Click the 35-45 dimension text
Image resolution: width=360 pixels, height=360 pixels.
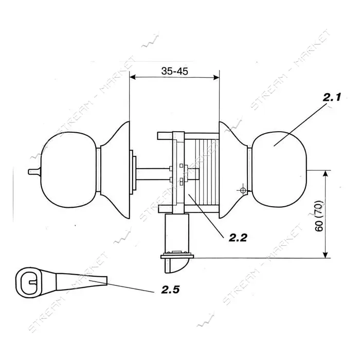(x=174, y=71)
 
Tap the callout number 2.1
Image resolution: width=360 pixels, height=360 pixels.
(x=332, y=98)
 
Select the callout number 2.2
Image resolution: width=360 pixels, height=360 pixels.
(x=238, y=238)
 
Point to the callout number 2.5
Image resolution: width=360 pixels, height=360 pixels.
(x=170, y=290)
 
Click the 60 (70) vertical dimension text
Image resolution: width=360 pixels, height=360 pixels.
(x=319, y=217)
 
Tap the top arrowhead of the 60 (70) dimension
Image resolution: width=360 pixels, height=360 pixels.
(x=325, y=174)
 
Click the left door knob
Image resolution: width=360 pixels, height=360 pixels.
(x=68, y=170)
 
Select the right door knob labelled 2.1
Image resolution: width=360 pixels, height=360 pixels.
(x=279, y=169)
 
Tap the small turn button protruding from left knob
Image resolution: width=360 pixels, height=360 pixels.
(x=34, y=171)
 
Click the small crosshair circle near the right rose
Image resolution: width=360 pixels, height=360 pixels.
(x=243, y=190)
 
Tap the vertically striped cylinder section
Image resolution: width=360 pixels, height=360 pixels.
(x=206, y=172)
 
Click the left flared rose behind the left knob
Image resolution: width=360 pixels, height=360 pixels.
(x=115, y=169)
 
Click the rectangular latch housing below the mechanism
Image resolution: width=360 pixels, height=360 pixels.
(x=177, y=233)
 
